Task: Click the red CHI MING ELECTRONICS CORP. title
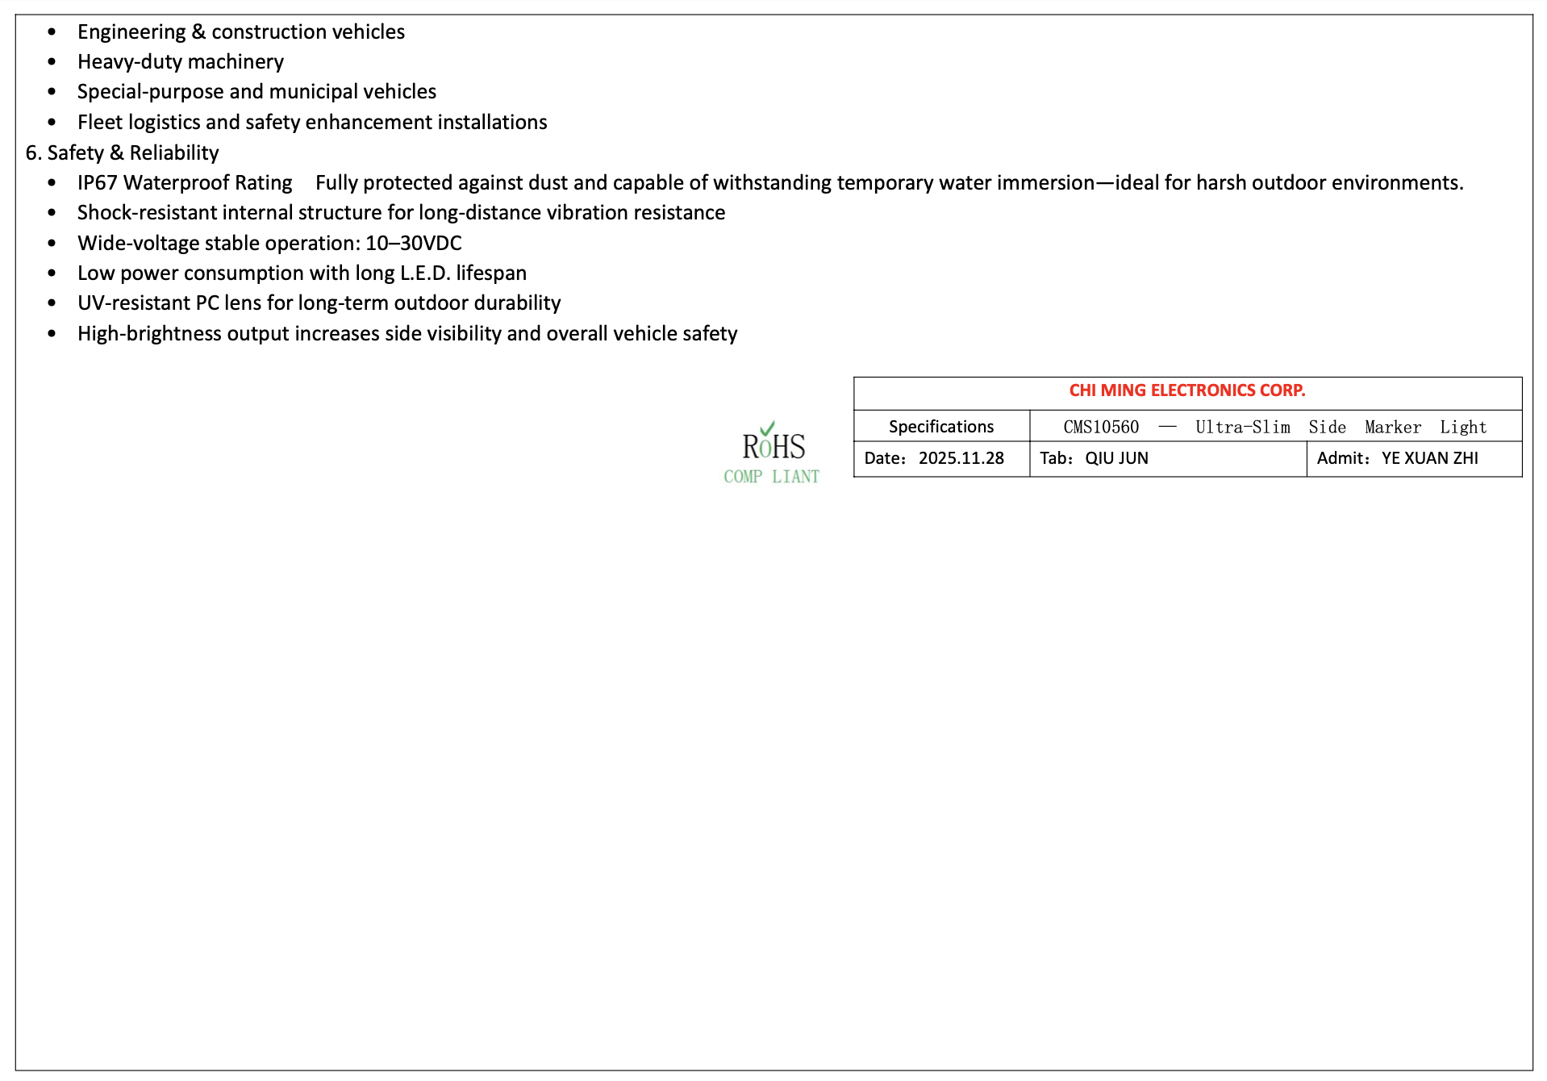point(1186,390)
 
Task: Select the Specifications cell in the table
point(940,427)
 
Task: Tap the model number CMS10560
point(1101,428)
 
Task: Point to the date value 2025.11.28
point(961,458)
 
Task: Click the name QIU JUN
point(1116,458)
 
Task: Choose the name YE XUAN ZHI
point(1429,458)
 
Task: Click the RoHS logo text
point(773,447)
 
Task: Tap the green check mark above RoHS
point(767,428)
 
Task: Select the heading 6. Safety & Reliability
point(123,152)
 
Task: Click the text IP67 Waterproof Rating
point(185,183)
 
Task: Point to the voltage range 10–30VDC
point(414,243)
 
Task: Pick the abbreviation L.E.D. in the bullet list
point(424,273)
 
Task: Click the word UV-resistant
point(134,303)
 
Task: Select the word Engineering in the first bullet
point(131,32)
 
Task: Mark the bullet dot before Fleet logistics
point(52,123)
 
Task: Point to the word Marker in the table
point(1393,428)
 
